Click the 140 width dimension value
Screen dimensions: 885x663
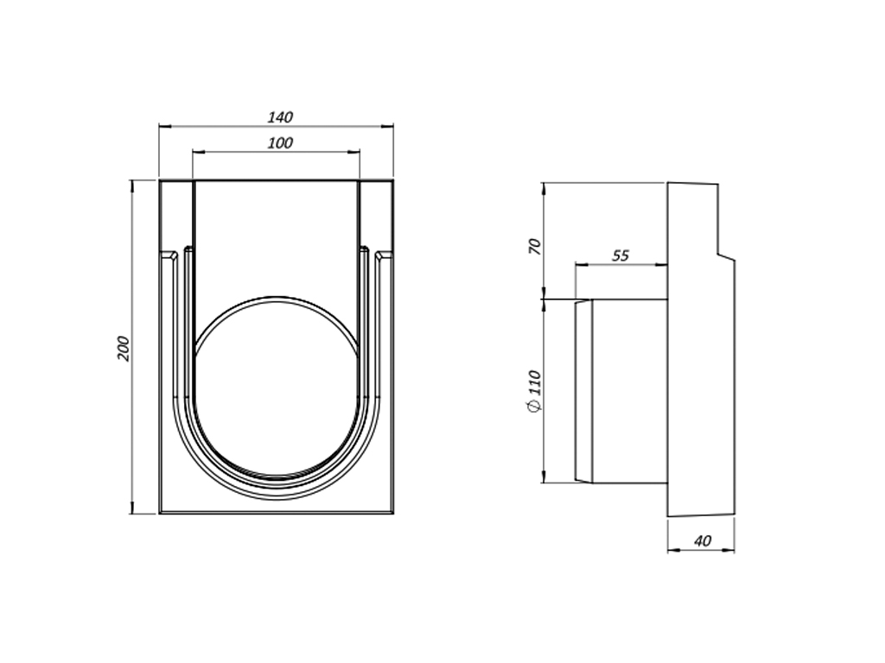tap(280, 117)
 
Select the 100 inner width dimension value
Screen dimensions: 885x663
tap(280, 143)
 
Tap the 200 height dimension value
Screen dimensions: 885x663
tap(124, 349)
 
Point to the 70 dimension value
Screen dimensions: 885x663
tap(534, 246)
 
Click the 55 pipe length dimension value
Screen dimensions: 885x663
tap(621, 256)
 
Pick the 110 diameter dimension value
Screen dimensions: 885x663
tap(534, 382)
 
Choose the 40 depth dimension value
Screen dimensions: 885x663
tap(703, 541)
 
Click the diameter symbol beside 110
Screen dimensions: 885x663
tap(534, 406)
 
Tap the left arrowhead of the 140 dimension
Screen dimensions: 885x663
tap(164, 127)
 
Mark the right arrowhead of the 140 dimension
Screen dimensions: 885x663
tap(388, 127)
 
